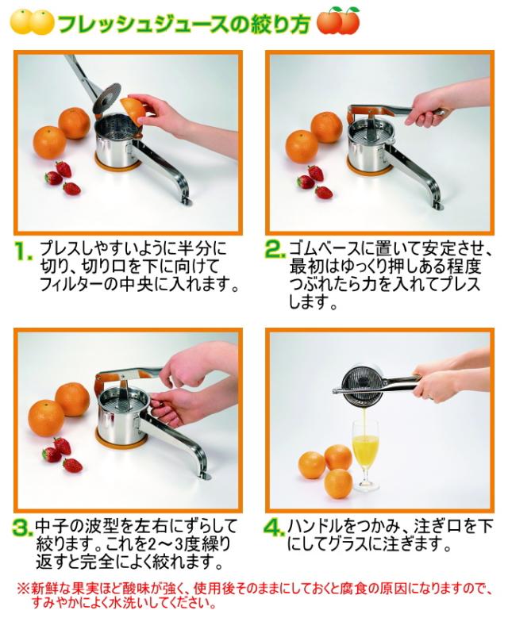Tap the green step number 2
275,249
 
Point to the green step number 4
275,527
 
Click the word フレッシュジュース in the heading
143,24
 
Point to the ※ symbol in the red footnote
22,589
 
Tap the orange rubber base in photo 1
117,163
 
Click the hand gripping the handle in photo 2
424,110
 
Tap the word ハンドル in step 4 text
315,527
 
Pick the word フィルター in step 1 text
71,285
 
